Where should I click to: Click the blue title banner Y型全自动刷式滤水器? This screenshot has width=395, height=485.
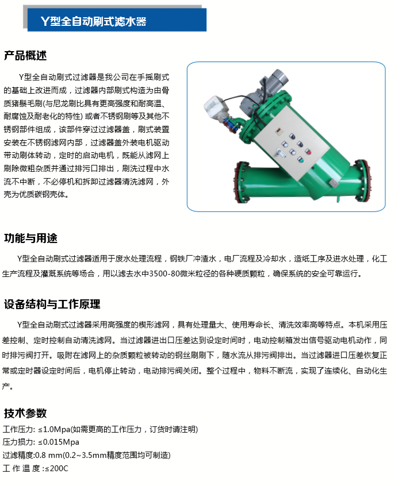click(117, 20)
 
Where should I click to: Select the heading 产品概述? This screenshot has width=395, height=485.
click(25, 56)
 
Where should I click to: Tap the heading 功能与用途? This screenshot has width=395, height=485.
click(30, 238)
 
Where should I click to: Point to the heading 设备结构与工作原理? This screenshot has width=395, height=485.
click(52, 304)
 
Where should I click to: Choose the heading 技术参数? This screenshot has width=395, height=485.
click(25, 413)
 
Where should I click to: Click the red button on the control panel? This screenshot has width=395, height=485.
click(308, 152)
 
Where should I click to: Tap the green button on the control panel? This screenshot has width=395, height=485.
click(300, 160)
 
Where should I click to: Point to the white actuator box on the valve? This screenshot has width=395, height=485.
click(215, 105)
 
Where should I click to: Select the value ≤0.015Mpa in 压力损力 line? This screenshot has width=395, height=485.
click(59, 442)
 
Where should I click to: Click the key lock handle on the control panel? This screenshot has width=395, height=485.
click(279, 153)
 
